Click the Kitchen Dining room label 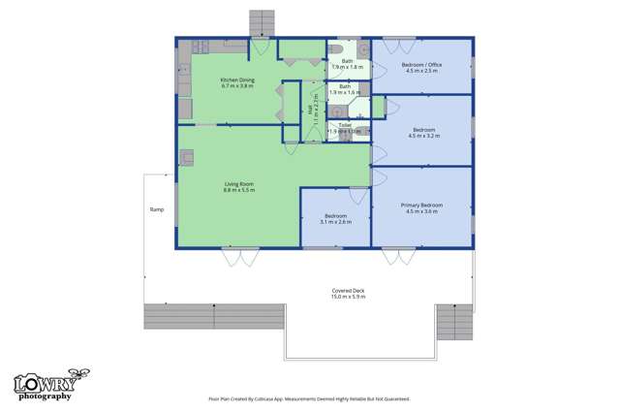point(236,79)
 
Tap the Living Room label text point(238,183)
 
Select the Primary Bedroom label point(421,205)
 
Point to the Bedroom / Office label point(421,65)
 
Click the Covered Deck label point(348,290)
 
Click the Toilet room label point(346,124)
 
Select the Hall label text point(310,111)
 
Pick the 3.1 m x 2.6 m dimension point(335,222)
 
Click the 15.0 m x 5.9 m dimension point(348,297)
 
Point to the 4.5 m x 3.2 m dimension point(423,136)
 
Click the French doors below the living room point(232,257)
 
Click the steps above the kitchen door point(262,22)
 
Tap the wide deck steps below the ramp point(185,317)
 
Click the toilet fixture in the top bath point(335,49)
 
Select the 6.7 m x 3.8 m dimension point(236,86)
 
